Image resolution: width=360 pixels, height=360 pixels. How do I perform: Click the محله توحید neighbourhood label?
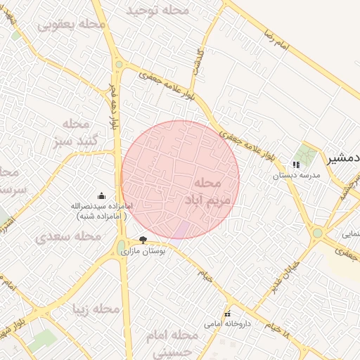click(157, 11)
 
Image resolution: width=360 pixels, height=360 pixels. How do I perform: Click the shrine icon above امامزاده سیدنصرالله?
click(101, 195)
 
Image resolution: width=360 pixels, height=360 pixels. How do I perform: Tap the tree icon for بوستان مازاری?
click(143, 240)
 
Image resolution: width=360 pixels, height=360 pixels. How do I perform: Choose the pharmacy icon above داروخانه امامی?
click(227, 314)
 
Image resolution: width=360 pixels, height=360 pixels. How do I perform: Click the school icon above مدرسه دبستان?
click(296, 165)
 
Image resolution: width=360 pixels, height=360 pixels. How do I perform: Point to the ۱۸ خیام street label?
click(278, 326)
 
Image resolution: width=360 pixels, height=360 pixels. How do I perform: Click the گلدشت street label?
click(199, 62)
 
